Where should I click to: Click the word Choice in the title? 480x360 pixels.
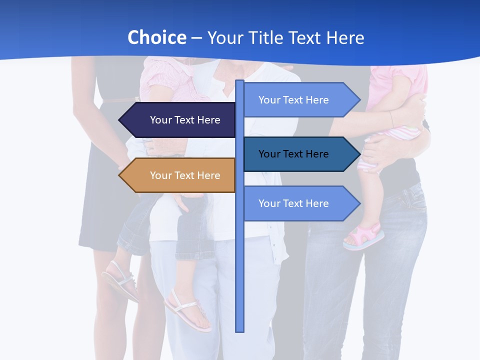tap(156, 37)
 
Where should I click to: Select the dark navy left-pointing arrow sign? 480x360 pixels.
tap(180, 120)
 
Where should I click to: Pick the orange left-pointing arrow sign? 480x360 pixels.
tap(180, 175)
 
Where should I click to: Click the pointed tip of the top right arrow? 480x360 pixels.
tap(358, 100)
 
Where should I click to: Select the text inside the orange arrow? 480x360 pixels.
tap(185, 175)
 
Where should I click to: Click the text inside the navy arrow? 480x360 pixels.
tap(185, 120)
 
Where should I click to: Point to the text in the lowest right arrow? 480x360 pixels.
tap(293, 203)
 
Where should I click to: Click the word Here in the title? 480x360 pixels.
tap(345, 37)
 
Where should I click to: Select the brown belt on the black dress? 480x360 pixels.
tap(120, 100)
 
